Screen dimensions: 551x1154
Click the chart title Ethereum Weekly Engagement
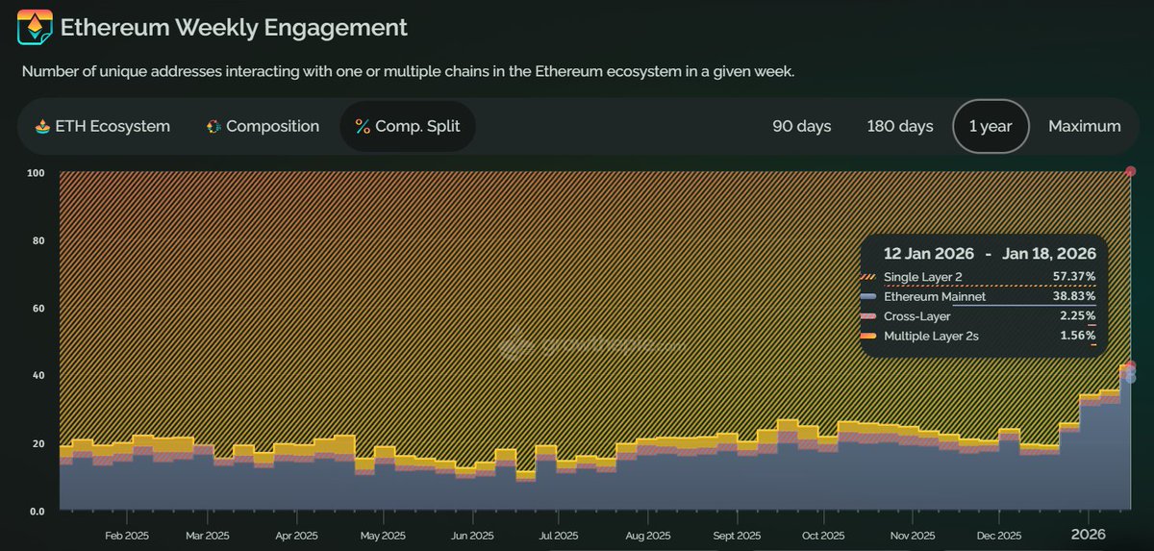pos(234,28)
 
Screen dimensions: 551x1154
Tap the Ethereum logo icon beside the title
pos(35,28)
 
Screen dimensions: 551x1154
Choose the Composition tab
pos(263,126)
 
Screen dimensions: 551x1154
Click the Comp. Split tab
pos(407,126)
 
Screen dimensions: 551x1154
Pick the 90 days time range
pos(802,126)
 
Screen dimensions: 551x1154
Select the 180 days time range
pos(900,126)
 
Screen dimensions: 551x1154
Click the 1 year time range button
pos(991,126)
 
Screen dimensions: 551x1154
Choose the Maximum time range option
pos(1084,126)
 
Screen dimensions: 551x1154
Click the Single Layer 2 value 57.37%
pos(1073,277)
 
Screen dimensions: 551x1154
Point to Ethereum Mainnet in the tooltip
pos(935,297)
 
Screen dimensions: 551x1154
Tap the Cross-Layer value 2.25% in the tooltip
pos(1078,316)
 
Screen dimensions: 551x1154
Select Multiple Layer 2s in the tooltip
pos(932,336)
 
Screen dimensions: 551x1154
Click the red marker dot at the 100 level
pos(1131,172)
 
